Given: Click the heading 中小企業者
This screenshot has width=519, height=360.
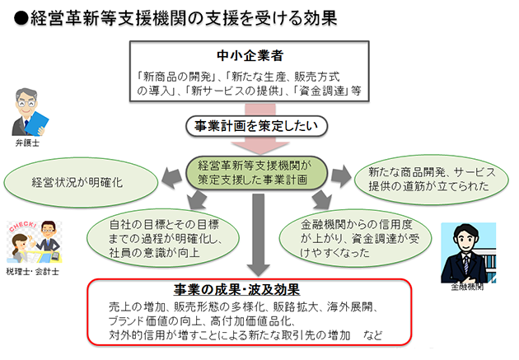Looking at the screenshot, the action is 250,55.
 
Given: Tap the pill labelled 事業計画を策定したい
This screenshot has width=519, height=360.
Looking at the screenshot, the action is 256,126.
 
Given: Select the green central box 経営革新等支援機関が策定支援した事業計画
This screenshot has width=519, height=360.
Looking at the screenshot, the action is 256,173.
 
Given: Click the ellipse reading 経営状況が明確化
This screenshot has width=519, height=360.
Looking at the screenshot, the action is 81,183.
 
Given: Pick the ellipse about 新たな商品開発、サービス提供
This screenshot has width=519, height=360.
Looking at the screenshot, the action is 432,180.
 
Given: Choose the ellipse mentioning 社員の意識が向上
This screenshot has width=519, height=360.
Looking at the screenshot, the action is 163,238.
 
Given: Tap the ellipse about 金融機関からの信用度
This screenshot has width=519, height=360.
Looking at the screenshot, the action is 355,238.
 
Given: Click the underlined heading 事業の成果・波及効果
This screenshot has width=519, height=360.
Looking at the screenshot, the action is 237,290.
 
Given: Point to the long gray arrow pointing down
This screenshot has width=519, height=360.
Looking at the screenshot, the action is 258,235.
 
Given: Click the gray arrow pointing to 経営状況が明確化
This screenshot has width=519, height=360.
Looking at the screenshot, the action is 172,178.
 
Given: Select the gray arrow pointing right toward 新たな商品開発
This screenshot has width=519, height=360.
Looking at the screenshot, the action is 341,176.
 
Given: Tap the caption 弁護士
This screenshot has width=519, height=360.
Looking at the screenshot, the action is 27,143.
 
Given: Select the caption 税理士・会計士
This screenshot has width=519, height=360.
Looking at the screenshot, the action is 32,272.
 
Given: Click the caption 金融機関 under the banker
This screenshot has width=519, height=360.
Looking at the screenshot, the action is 467,287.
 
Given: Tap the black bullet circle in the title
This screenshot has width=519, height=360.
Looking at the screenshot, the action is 21,18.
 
